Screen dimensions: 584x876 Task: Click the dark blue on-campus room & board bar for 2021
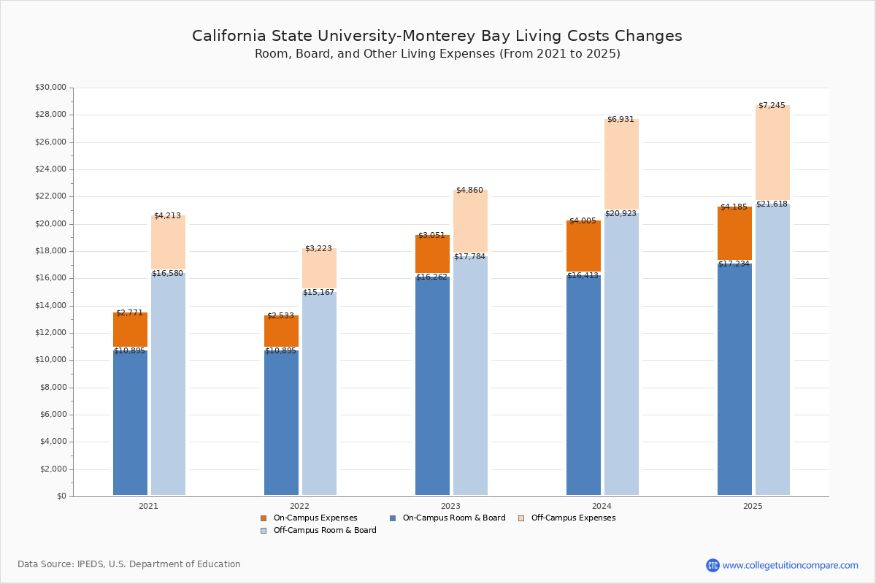[x=130, y=423]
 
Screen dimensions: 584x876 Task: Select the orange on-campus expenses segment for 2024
[x=583, y=246]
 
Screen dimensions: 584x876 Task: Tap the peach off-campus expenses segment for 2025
[x=772, y=153]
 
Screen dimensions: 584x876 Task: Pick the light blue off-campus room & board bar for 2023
[x=470, y=376]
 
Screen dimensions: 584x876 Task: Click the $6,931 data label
[x=620, y=120]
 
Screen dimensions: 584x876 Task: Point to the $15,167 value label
[x=318, y=293]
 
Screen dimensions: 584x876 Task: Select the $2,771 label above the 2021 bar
[x=129, y=313]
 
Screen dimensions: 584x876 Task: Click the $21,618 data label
[x=772, y=204]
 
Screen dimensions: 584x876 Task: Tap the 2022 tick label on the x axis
[x=299, y=506]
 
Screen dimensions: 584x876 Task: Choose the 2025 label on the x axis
[x=753, y=506]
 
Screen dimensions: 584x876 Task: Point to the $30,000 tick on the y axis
[x=50, y=88]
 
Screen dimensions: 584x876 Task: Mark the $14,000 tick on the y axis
[x=50, y=306]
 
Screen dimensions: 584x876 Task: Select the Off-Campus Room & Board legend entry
[x=324, y=531]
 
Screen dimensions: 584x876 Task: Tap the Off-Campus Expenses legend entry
[x=572, y=518]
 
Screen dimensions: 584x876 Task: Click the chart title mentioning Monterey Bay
[x=437, y=36]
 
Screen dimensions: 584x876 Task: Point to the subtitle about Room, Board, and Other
[x=437, y=54]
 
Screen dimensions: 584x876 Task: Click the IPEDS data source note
[x=129, y=564]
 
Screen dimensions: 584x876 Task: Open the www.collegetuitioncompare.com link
[x=790, y=565]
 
